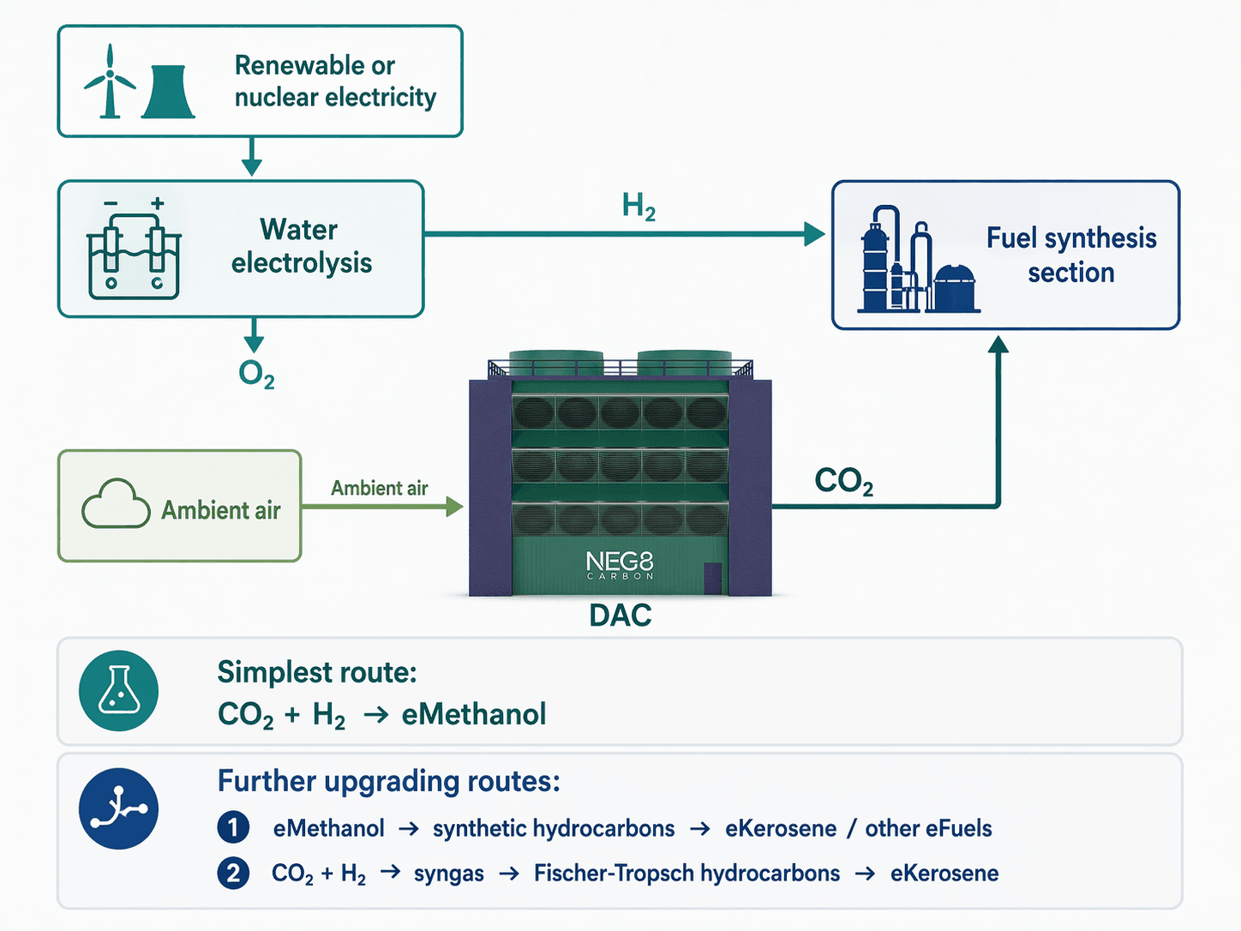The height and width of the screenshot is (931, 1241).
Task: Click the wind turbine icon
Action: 109,82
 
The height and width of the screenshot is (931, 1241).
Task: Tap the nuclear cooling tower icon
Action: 168,92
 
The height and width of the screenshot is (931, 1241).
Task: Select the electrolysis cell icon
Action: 134,251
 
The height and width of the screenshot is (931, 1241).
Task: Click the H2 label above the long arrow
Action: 638,207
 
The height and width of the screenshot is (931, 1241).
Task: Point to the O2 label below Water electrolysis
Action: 256,374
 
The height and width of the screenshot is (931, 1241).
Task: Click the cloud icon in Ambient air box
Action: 116,505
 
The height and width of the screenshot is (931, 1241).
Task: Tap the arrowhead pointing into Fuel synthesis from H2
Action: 813,233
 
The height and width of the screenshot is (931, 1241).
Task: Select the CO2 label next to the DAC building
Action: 843,482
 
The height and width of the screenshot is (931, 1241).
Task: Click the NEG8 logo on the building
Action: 620,564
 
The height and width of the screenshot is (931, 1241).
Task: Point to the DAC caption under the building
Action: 620,616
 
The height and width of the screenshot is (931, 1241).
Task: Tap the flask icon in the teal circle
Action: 118,691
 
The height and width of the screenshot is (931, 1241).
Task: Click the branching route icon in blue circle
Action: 118,808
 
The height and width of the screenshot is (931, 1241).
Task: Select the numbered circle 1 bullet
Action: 233,828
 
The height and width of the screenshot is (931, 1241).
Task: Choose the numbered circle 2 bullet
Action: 233,874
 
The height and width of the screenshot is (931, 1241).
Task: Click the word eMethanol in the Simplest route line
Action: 473,714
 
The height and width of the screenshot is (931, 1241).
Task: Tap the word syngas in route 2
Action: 448,874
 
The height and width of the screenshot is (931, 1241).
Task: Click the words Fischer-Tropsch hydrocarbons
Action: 686,874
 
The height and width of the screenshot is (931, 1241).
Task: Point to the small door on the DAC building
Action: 713,579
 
